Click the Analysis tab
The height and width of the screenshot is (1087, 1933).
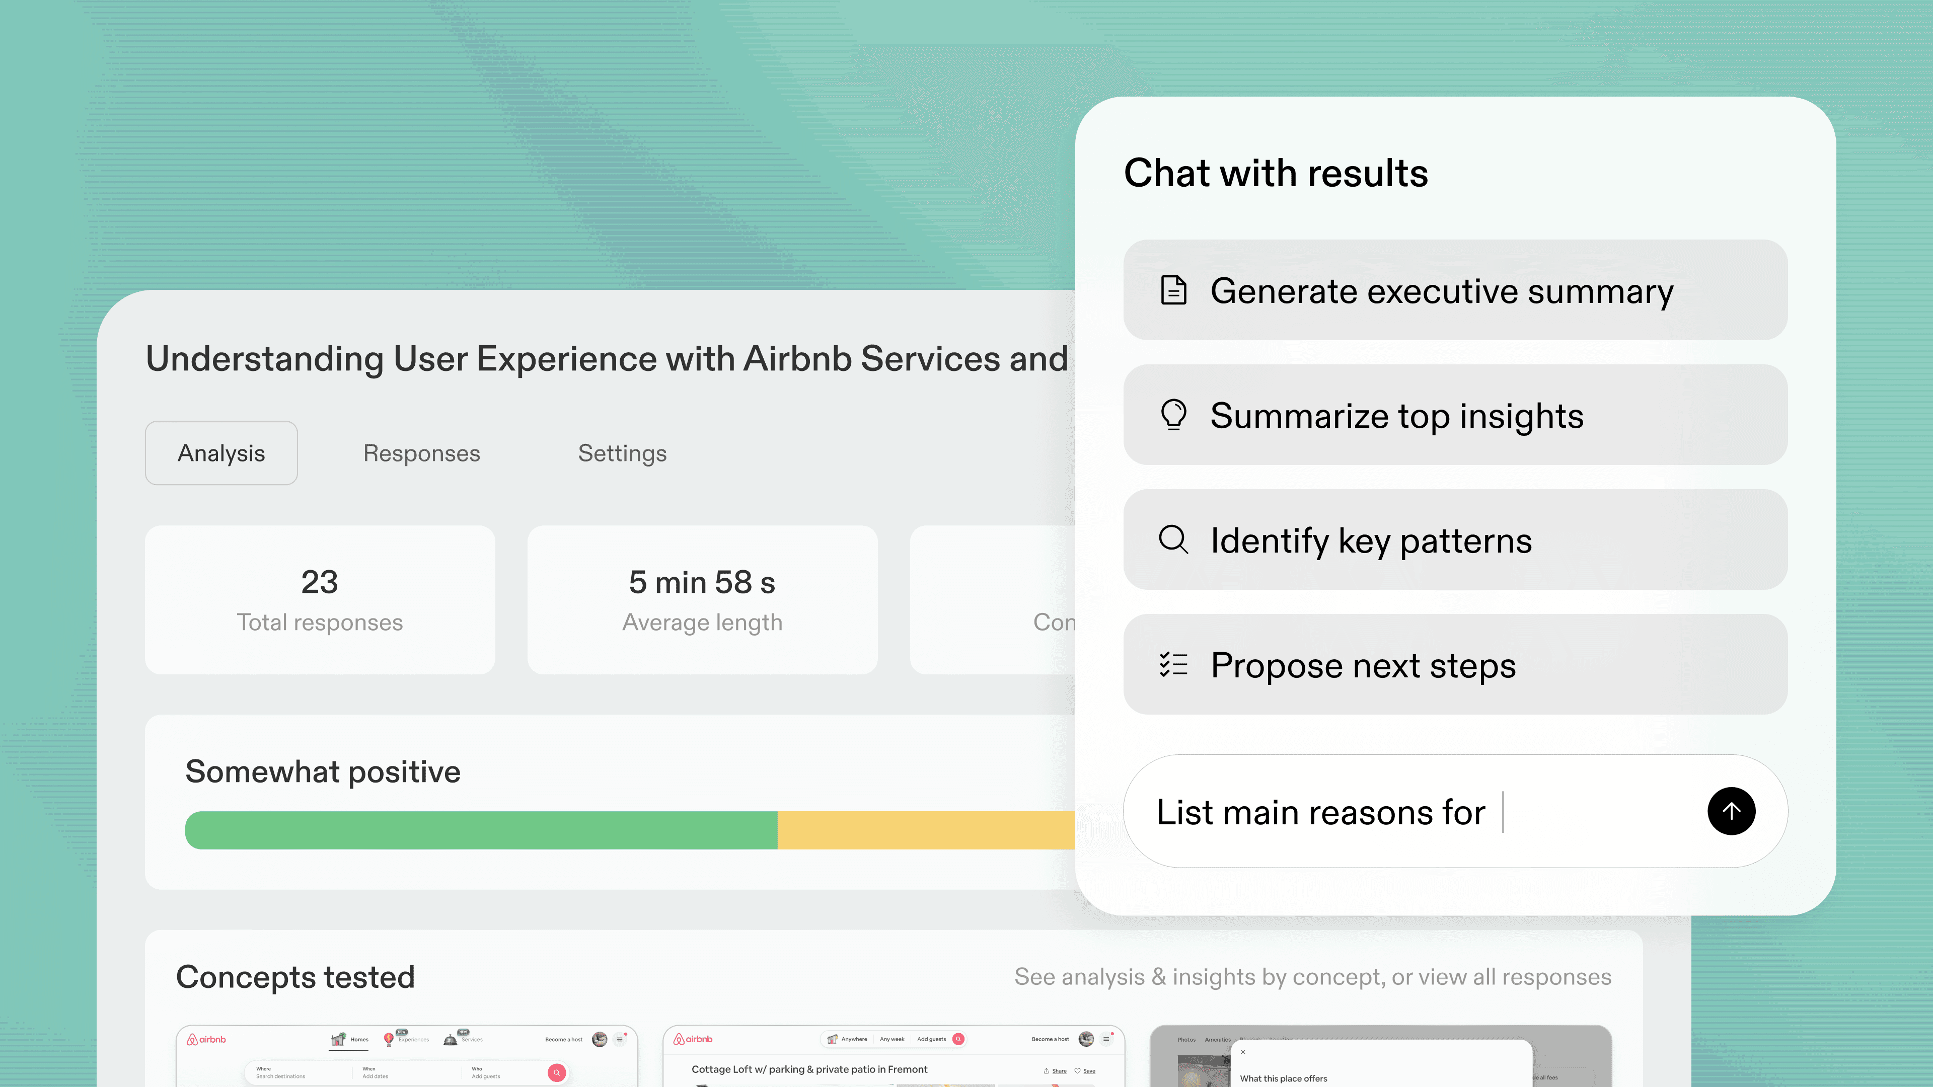coord(221,453)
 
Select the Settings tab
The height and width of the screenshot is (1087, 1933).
coord(622,453)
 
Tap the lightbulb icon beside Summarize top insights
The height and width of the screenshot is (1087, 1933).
coord(1173,415)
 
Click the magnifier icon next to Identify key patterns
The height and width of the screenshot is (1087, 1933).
coord(1173,539)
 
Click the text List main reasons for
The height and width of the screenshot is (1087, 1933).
coord(1321,812)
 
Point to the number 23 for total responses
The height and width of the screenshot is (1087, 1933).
coord(320,582)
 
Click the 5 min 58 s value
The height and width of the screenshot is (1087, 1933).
coord(702,582)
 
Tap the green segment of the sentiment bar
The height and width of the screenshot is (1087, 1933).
coord(480,830)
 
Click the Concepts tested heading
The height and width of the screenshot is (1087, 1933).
coord(295,977)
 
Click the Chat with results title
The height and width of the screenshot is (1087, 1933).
coord(1276,173)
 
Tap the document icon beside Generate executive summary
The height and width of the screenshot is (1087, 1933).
coord(1173,290)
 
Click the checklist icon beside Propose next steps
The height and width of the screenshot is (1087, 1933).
coord(1173,665)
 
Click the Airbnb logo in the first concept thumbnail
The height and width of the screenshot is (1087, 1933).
coord(206,1040)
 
